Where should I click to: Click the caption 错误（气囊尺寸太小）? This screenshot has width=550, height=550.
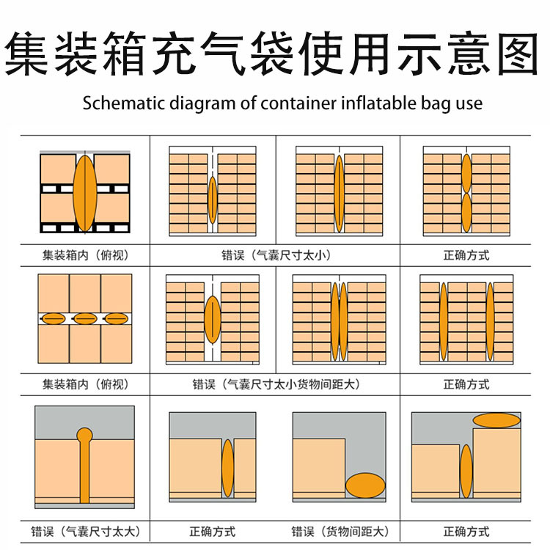[276, 255]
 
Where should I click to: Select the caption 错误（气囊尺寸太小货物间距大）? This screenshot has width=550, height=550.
[276, 384]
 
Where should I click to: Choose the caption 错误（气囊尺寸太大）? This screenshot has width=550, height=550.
[85, 531]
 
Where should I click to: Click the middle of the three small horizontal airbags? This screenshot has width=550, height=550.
[85, 318]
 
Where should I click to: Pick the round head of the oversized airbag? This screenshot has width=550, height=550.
[85, 435]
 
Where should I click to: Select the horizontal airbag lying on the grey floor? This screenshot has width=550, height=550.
[364, 485]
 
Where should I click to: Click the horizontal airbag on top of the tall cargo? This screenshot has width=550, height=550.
[496, 420]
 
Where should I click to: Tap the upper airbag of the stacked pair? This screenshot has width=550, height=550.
[466, 172]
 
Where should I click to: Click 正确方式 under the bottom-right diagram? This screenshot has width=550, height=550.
[466, 531]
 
